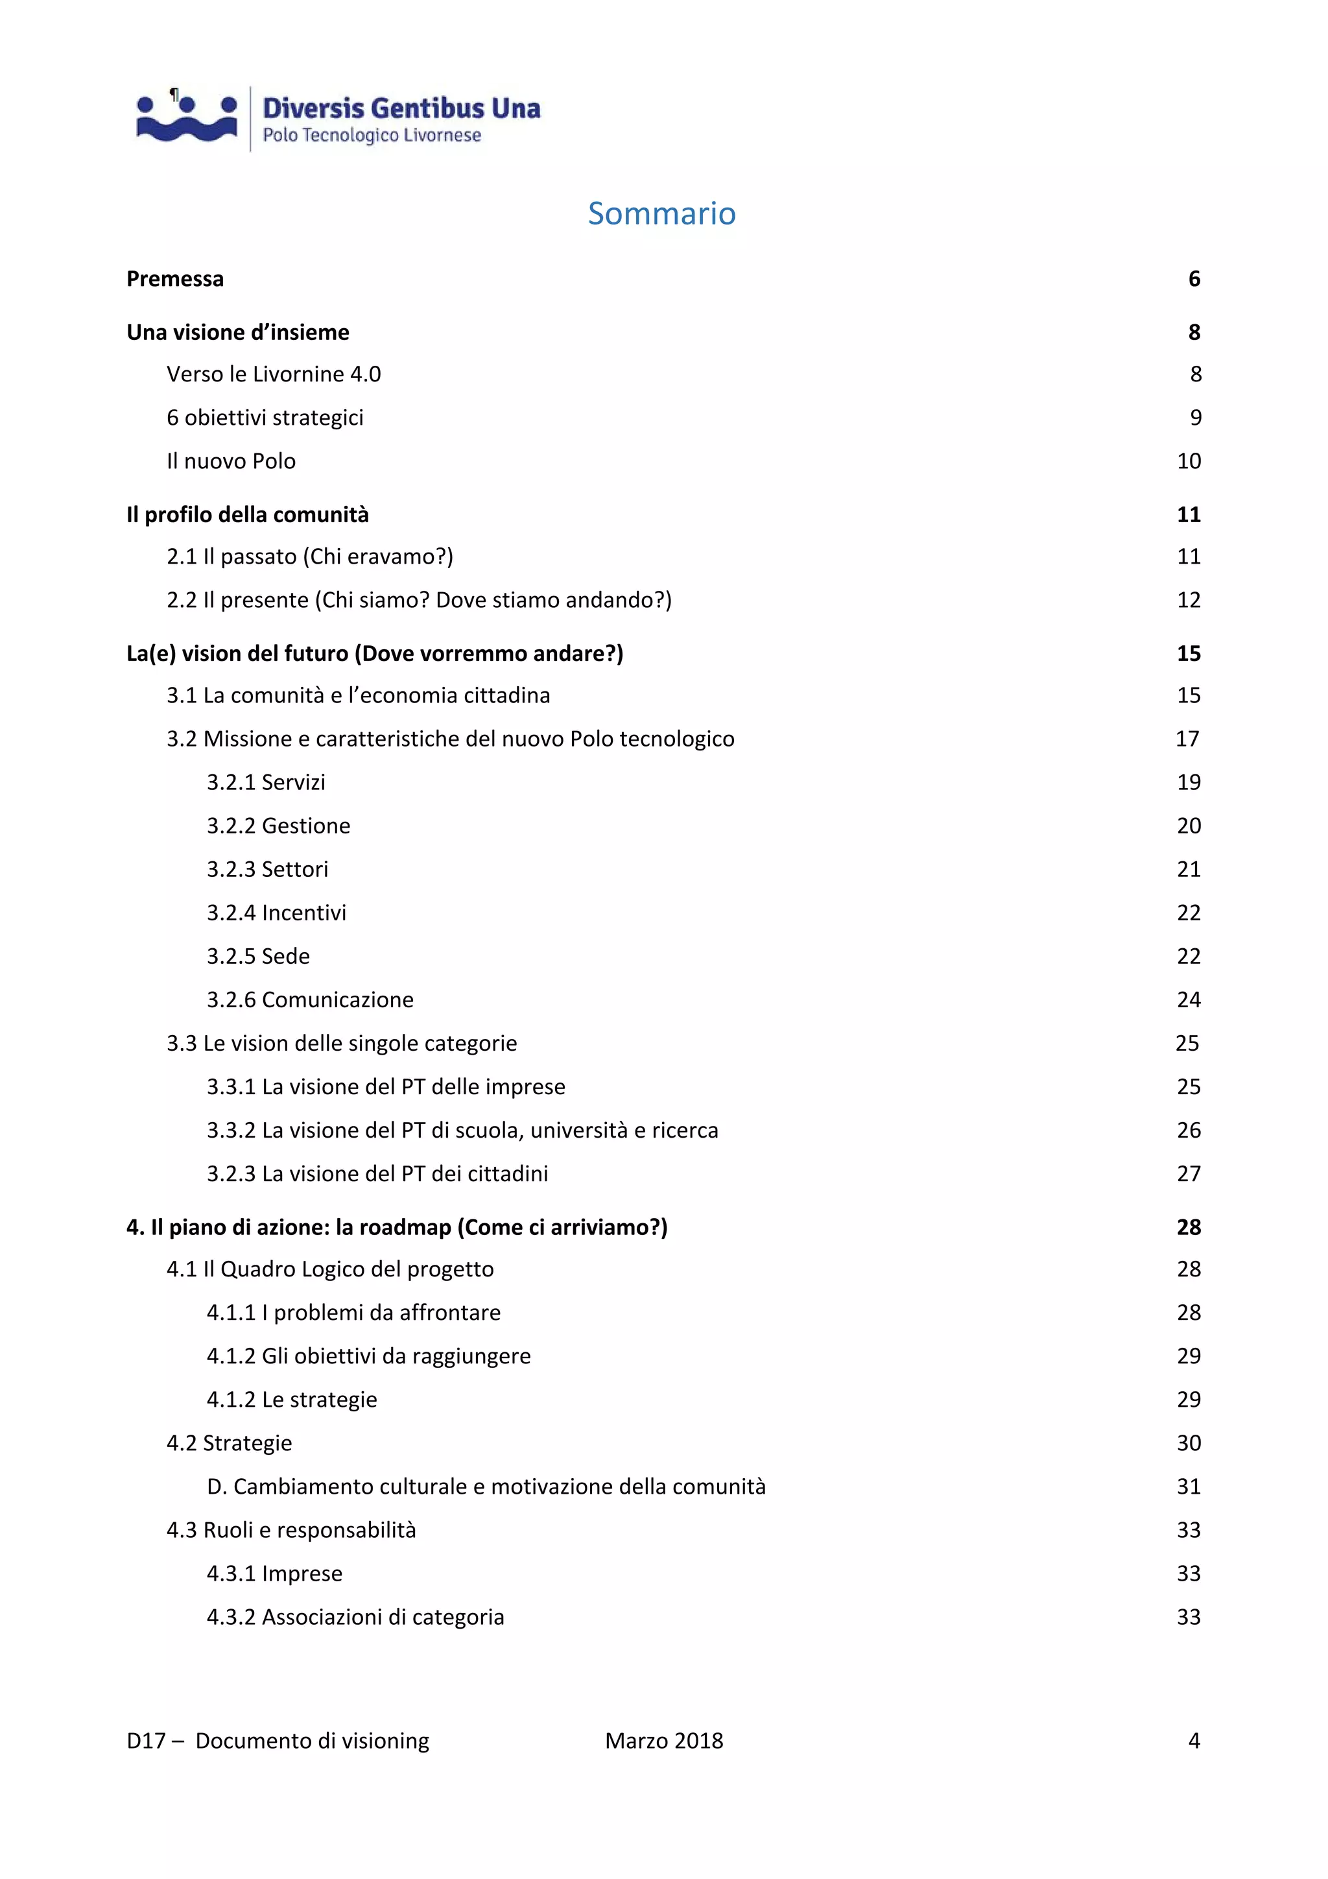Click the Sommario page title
tap(661, 213)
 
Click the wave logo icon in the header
tap(187, 119)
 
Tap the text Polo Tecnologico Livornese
tap(372, 135)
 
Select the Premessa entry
tap(175, 279)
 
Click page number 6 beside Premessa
tap(1194, 279)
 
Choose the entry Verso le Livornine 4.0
tap(273, 374)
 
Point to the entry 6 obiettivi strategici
tap(265, 417)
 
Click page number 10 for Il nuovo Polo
tap(1188, 461)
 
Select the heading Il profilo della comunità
tap(247, 515)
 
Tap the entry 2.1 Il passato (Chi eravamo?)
tap(309, 557)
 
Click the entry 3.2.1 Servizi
tap(265, 782)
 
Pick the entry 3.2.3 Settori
tap(267, 869)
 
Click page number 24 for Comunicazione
tap(1188, 999)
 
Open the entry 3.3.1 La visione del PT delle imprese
tap(385, 1087)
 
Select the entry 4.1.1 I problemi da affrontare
tap(353, 1313)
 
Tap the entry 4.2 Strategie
tap(229, 1442)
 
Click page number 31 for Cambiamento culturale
tap(1188, 1486)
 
